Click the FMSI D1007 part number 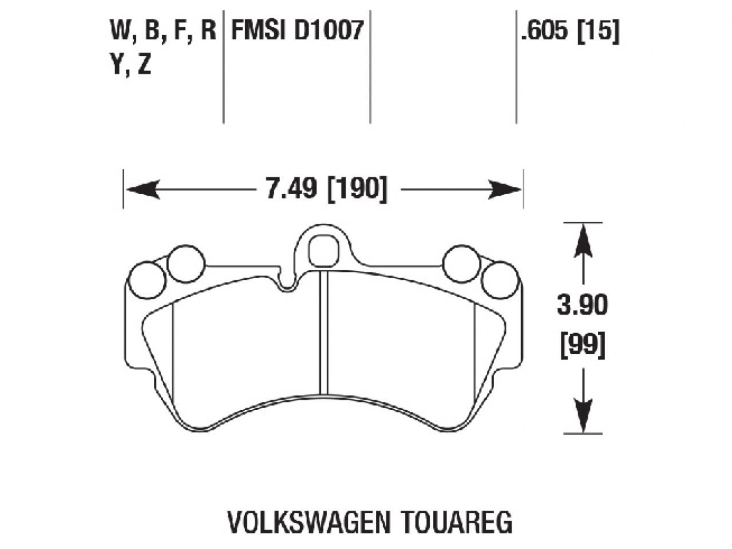point(296,30)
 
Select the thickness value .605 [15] point(569,30)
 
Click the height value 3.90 point(583,307)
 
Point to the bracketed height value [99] point(583,345)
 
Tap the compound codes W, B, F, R point(163,30)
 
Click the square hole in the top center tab point(323,249)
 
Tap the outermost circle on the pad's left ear point(148,280)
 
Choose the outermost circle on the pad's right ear point(499,280)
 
